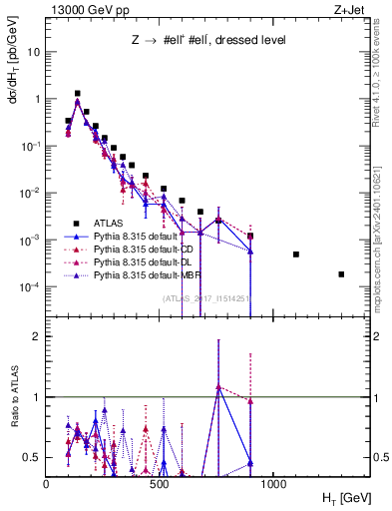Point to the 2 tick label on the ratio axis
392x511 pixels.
pos(36,336)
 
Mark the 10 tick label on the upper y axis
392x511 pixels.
pos(33,52)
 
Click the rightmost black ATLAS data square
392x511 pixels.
pos(341,273)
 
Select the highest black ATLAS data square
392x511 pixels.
pos(77,93)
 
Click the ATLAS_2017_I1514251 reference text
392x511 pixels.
pos(206,297)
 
